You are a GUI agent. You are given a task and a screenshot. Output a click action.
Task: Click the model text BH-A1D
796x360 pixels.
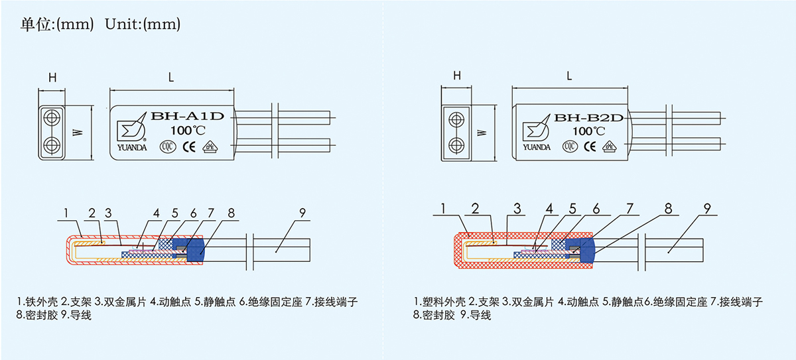pos(189,117)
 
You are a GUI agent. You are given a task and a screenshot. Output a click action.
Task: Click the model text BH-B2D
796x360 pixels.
pos(590,118)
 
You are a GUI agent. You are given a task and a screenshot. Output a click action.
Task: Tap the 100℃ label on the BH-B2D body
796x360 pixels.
pos(588,131)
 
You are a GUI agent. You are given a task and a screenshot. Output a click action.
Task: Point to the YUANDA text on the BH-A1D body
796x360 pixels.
pos(130,148)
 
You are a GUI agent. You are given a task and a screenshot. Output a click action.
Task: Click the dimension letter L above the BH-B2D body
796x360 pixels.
pos(569,76)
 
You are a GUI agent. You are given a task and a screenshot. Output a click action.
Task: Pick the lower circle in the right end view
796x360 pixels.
pos(456,146)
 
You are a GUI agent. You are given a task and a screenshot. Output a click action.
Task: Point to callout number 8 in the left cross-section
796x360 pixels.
pos(230,213)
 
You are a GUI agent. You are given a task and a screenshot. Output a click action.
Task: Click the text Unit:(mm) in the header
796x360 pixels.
pos(143,25)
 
